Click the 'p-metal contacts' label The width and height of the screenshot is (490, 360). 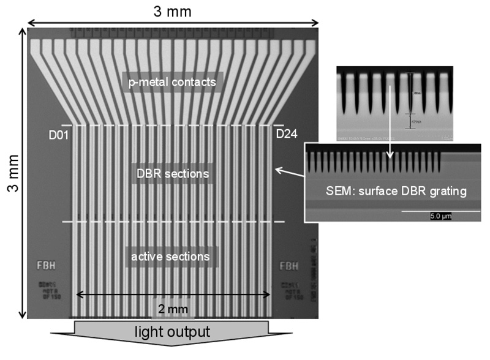point(171,81)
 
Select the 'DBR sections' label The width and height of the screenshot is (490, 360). point(172,174)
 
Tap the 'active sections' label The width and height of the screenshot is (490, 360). point(172,255)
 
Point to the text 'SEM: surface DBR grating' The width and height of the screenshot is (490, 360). point(394,191)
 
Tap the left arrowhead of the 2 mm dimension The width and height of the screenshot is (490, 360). point(78,295)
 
